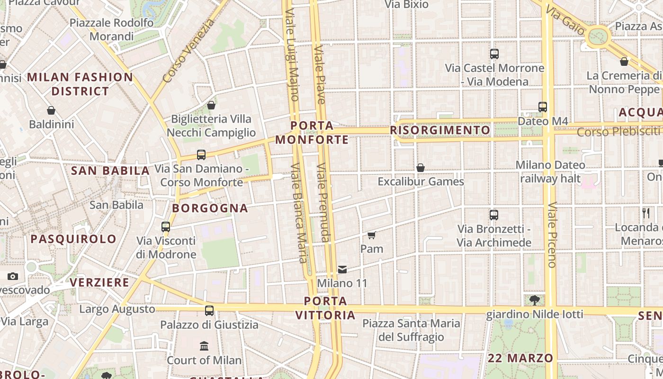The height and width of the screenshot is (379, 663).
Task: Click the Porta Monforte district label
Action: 312,133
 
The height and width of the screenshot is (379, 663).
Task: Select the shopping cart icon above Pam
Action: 372,235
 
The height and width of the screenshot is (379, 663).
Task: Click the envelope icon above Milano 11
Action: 342,270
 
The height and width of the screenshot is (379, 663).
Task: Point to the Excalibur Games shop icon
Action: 420,168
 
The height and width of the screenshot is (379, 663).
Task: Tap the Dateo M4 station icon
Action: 543,107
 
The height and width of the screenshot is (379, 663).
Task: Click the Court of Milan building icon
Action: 204,346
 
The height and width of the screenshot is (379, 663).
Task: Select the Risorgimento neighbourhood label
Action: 440,130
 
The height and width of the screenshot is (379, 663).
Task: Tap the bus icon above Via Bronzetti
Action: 494,215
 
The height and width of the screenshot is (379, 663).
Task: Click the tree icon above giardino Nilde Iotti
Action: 535,300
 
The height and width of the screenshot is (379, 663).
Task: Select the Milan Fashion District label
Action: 80,84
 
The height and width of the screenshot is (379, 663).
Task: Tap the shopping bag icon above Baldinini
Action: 51,111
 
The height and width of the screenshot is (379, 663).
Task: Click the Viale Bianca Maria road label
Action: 299,213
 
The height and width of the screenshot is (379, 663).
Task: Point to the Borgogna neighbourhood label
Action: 210,208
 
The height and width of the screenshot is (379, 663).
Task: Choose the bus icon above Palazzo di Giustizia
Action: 209,311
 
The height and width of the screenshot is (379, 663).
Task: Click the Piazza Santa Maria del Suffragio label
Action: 412,330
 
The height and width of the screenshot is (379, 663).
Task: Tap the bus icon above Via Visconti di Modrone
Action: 166,227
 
